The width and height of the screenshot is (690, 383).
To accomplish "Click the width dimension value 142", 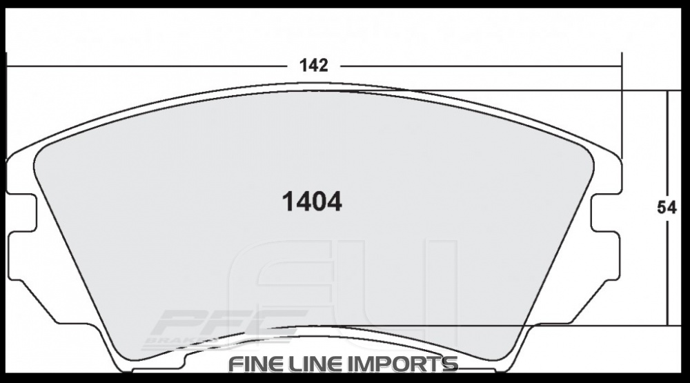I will (x=313, y=66).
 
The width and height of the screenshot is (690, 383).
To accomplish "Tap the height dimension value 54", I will (x=667, y=208).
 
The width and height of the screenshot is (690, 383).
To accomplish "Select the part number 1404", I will (x=312, y=202).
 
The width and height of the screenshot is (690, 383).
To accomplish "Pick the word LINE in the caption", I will (x=320, y=364).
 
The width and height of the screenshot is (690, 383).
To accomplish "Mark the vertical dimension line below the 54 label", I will (x=667, y=276).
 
